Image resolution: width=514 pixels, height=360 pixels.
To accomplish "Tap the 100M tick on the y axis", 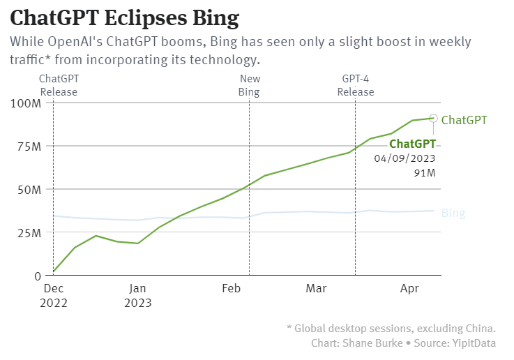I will (x=27, y=103).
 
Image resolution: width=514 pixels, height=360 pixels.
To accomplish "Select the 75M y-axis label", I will (x=29, y=147).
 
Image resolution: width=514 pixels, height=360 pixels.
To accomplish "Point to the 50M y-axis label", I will (x=29, y=190).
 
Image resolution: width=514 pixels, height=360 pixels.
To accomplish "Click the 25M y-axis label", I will (x=29, y=233).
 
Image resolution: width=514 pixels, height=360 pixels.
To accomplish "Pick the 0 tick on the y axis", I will (x=38, y=276).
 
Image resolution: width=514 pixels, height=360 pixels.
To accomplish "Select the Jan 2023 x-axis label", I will (x=137, y=295).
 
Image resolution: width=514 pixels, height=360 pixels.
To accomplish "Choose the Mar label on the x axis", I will (x=316, y=287).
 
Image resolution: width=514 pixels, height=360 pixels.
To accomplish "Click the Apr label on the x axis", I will (x=409, y=287).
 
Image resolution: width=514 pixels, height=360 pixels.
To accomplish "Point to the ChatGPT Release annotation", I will (x=59, y=86).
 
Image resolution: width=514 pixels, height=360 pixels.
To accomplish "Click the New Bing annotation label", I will (x=249, y=86).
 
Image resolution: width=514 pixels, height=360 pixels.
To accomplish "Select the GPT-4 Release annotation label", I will (x=356, y=86).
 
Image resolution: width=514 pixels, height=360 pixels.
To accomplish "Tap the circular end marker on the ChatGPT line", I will (x=433, y=119).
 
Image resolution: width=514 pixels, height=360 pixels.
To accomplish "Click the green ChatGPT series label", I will (x=464, y=120).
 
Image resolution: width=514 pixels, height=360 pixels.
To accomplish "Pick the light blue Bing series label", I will (x=453, y=213).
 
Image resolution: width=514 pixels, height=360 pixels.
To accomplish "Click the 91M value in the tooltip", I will (x=425, y=173).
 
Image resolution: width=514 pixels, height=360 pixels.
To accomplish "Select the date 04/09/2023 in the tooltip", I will (x=405, y=158).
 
